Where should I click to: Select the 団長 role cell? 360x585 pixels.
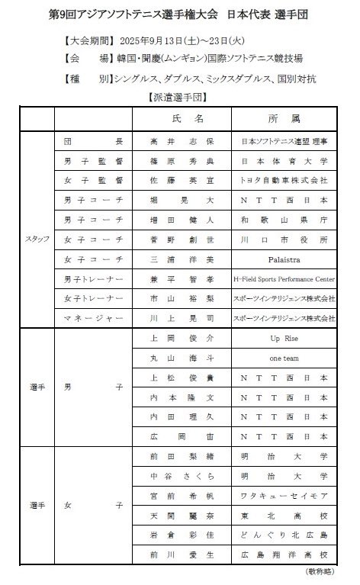click(92, 142)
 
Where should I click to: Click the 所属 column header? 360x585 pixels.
click(284, 120)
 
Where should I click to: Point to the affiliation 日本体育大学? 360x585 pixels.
click(284, 161)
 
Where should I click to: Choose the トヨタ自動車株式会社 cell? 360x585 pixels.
click(284, 181)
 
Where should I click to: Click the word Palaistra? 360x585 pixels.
click(284, 259)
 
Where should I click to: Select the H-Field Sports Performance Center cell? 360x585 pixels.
click(284, 278)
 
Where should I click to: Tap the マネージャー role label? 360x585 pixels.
click(92, 317)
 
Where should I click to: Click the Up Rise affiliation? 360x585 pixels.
click(284, 337)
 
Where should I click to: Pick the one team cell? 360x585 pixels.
click(284, 357)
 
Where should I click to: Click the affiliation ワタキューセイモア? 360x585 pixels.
click(284, 496)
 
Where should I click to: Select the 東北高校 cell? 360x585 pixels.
click(284, 516)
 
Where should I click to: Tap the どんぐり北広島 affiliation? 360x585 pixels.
click(284, 535)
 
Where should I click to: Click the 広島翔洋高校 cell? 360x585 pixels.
click(284, 554)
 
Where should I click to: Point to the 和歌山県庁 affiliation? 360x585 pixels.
click(284, 220)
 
